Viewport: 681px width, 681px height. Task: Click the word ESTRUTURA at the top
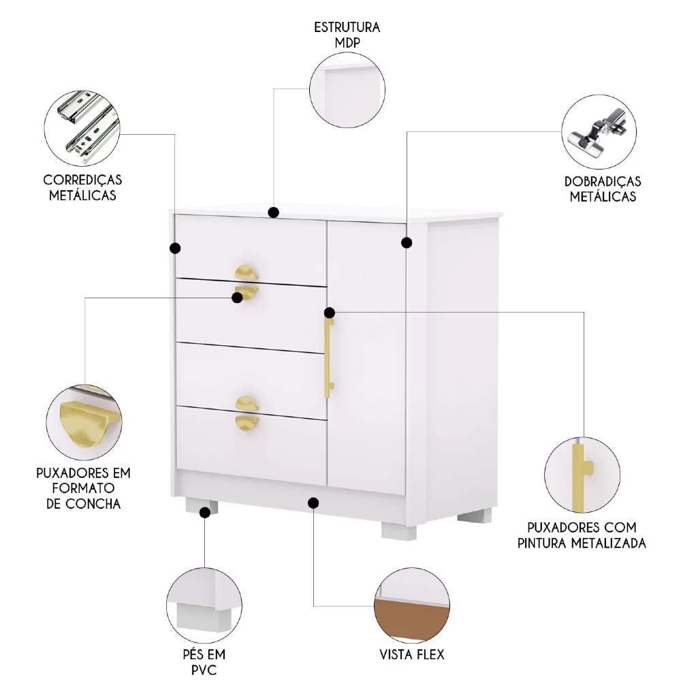pyautogui.click(x=347, y=28)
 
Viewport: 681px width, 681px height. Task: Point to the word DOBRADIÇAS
pyautogui.click(x=603, y=182)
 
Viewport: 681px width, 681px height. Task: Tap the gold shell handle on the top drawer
pyautogui.click(x=247, y=272)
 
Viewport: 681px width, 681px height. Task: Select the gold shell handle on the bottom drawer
pyautogui.click(x=247, y=421)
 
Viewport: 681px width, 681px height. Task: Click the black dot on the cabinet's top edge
pyautogui.click(x=274, y=212)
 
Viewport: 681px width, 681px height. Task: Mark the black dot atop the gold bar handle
pyautogui.click(x=330, y=313)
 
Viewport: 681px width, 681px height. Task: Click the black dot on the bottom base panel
pyautogui.click(x=313, y=503)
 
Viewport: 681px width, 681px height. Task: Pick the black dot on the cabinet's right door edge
pyautogui.click(x=407, y=242)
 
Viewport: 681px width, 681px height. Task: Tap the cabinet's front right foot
pyautogui.click(x=399, y=530)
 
